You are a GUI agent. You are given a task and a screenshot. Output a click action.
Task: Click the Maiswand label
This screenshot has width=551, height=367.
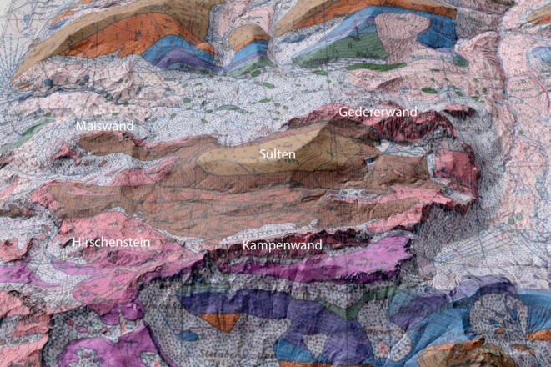[104, 126]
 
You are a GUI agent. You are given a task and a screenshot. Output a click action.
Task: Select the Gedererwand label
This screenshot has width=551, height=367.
[378, 112]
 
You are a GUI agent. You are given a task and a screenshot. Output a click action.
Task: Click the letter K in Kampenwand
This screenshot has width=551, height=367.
[246, 247]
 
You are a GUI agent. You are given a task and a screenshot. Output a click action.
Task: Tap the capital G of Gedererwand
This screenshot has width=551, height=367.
[343, 112]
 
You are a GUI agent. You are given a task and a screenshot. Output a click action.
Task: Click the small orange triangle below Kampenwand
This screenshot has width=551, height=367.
[220, 320]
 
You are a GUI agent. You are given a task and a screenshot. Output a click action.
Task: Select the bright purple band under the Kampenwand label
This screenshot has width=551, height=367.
[333, 265]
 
